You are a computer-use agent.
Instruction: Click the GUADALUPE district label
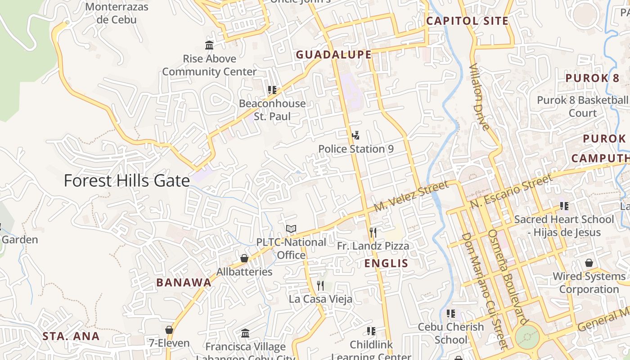333,55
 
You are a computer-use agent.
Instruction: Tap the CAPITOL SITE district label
467,21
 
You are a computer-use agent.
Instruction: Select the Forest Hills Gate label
126,180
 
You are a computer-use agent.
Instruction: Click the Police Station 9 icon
355,135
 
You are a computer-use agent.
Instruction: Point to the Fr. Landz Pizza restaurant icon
373,232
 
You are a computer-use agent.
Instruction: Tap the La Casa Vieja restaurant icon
320,285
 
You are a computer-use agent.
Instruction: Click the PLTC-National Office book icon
291,229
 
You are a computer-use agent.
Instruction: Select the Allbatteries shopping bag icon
244,258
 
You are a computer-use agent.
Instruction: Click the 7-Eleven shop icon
169,330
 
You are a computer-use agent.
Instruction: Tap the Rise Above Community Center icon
209,45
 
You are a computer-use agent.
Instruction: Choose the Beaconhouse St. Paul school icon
272,90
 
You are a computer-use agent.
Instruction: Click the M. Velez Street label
411,196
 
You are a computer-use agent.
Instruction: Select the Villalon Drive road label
479,97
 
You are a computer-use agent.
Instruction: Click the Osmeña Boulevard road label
507,277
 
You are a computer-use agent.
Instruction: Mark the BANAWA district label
184,283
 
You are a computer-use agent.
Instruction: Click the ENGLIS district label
386,263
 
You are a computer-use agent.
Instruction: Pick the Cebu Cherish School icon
450,313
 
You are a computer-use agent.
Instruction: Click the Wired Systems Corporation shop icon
589,263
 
